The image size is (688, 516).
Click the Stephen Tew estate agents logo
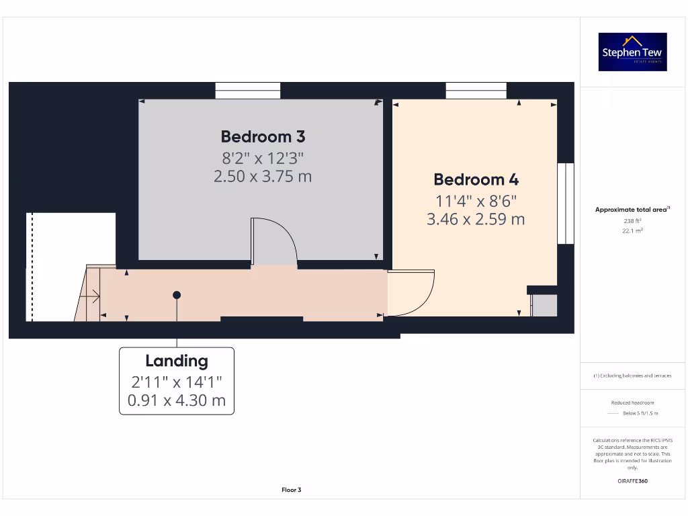(x=632, y=52)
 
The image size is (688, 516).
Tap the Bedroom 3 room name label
(x=263, y=136)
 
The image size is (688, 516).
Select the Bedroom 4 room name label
(x=476, y=179)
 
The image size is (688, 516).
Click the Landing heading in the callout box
(x=177, y=361)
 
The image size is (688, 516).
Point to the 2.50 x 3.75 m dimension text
(x=263, y=177)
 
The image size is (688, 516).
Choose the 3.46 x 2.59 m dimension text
(x=476, y=219)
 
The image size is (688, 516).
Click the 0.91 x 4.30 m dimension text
(x=177, y=402)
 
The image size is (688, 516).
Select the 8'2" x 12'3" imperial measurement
(x=263, y=158)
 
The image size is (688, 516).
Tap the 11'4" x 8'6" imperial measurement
(x=476, y=200)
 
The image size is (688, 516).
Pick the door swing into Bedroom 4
(x=411, y=293)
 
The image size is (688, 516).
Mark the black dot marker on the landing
(x=177, y=295)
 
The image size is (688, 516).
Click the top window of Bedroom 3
(x=248, y=91)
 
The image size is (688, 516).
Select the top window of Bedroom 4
(x=476, y=91)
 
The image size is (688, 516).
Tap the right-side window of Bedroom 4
(x=566, y=202)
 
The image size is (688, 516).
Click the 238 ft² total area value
(x=632, y=220)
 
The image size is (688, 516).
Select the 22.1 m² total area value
(x=632, y=230)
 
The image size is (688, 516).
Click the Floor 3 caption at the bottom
(x=291, y=490)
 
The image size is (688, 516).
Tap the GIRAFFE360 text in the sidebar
(x=632, y=481)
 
